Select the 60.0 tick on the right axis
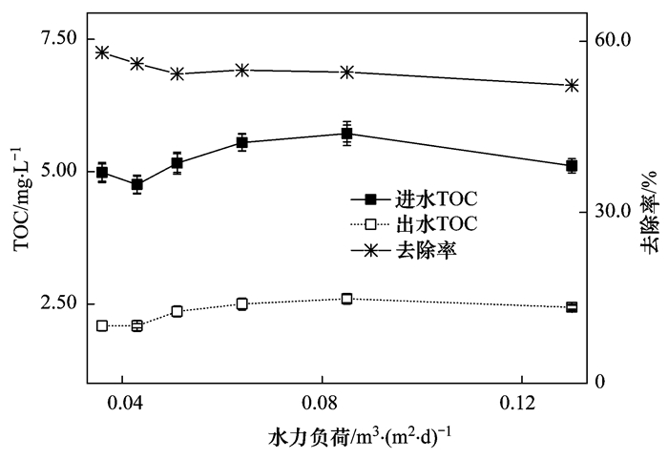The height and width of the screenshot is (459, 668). [614, 40]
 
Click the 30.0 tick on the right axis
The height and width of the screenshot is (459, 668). [614, 211]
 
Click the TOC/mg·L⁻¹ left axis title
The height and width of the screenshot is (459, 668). [20, 198]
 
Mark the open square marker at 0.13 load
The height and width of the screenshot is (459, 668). [572, 307]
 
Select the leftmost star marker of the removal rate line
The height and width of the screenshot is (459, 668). [102, 52]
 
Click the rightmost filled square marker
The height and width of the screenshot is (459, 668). [572, 166]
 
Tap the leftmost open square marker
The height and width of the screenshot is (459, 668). [102, 326]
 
